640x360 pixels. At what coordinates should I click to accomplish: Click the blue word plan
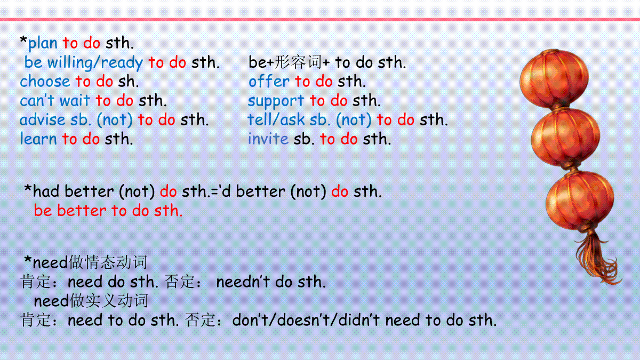[x=43, y=44]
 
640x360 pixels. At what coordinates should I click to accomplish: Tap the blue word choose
[x=45, y=82]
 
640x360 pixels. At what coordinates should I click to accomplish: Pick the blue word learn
[x=38, y=139]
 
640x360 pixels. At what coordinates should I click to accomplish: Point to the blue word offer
[x=269, y=81]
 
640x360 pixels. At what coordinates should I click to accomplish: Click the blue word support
[x=276, y=101]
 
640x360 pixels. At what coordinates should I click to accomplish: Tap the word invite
[x=268, y=139]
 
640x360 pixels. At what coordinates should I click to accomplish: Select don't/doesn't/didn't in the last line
[x=306, y=320]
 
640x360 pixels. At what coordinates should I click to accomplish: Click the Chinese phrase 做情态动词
[x=108, y=262]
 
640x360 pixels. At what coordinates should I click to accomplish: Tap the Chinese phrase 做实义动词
[x=109, y=301]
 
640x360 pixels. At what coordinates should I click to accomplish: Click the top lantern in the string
[x=554, y=78]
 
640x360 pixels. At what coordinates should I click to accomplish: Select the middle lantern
[x=566, y=138]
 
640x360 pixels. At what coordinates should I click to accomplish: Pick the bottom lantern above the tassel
[x=580, y=201]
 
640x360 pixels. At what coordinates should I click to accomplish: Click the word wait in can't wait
[x=75, y=101]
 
